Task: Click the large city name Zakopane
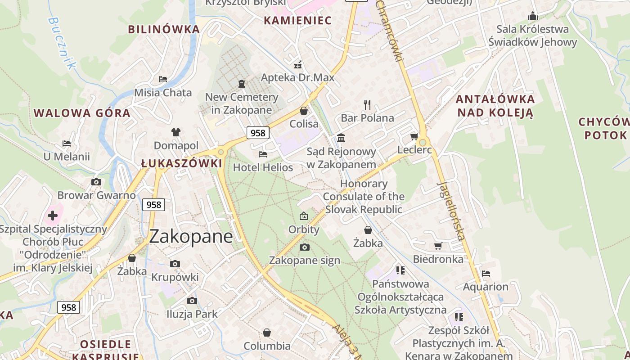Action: (x=191, y=236)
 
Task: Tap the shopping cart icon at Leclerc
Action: (x=414, y=136)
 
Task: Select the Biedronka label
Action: (x=438, y=259)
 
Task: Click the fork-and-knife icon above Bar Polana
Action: (x=367, y=105)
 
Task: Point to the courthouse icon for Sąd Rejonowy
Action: (x=341, y=138)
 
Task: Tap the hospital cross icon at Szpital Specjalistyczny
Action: (x=53, y=216)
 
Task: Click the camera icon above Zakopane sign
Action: (x=305, y=247)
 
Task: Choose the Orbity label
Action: (x=304, y=229)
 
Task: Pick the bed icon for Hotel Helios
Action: (x=263, y=154)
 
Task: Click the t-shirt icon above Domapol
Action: (x=175, y=132)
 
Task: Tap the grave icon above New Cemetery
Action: (x=242, y=84)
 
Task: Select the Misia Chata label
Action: (x=163, y=93)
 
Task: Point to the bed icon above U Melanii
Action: (x=67, y=144)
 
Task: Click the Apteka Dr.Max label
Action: (x=298, y=77)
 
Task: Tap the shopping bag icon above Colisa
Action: (x=304, y=111)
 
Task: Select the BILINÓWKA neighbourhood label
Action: (x=164, y=29)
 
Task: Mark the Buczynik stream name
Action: (x=60, y=43)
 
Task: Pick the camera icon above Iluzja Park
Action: (x=192, y=301)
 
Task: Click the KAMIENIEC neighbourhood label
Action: (x=297, y=20)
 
